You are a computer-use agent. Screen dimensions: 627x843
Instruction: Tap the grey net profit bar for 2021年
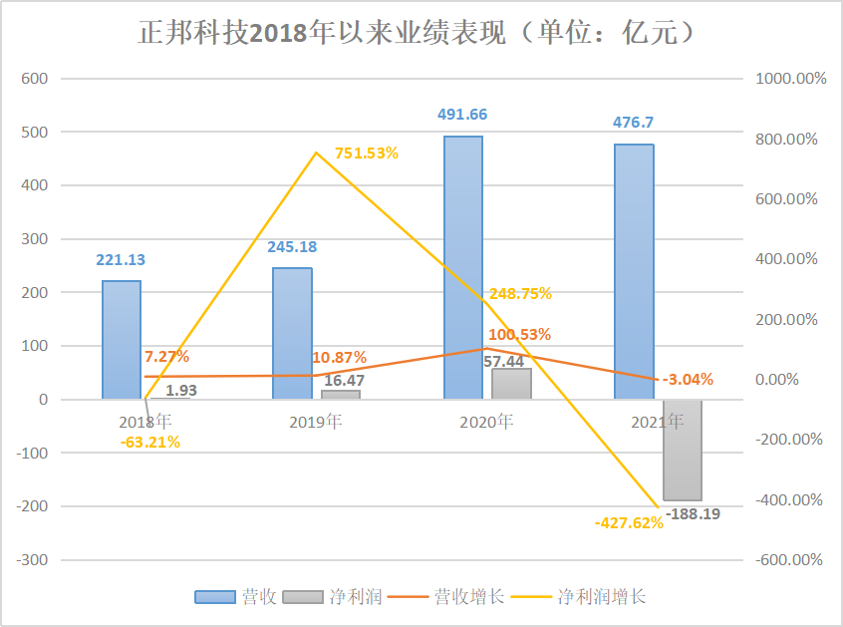(683, 450)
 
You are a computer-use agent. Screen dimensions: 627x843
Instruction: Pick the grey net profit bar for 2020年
(511, 384)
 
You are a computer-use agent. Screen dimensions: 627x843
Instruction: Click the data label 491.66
(463, 115)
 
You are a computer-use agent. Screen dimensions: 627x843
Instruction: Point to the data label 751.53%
(366, 153)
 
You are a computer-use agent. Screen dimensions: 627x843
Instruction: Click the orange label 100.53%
(520, 334)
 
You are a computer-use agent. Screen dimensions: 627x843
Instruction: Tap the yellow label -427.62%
(629, 521)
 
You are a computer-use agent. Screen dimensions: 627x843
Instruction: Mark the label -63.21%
(150, 442)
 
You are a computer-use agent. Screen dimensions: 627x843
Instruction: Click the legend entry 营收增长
(457, 597)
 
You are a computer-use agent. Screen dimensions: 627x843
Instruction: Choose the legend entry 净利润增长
(588, 597)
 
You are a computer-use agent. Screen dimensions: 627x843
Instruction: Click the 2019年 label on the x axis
(316, 422)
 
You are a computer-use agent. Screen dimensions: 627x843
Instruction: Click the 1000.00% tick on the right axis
(790, 79)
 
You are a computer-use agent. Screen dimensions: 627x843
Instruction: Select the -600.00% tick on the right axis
(790, 560)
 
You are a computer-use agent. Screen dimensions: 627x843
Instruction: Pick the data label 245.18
(292, 246)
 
